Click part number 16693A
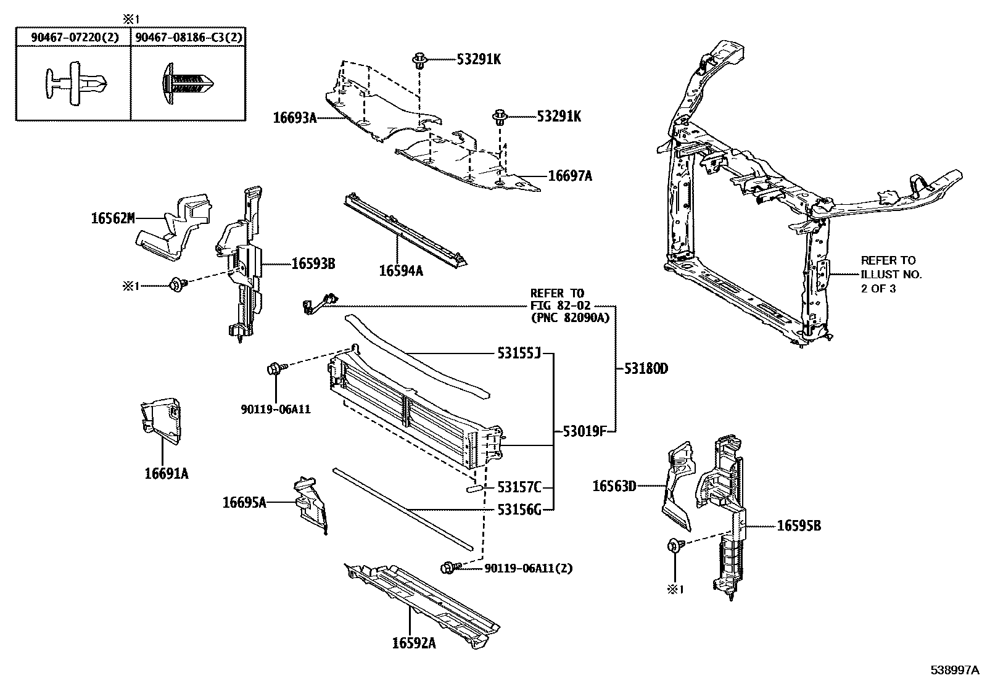294,118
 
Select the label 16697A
570,176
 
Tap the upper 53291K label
479,59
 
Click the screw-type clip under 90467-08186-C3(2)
188,83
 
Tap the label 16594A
401,270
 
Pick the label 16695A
244,502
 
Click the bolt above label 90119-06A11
274,369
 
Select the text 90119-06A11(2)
528,568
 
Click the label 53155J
519,353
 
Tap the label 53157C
519,488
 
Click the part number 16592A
413,643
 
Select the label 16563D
614,486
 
